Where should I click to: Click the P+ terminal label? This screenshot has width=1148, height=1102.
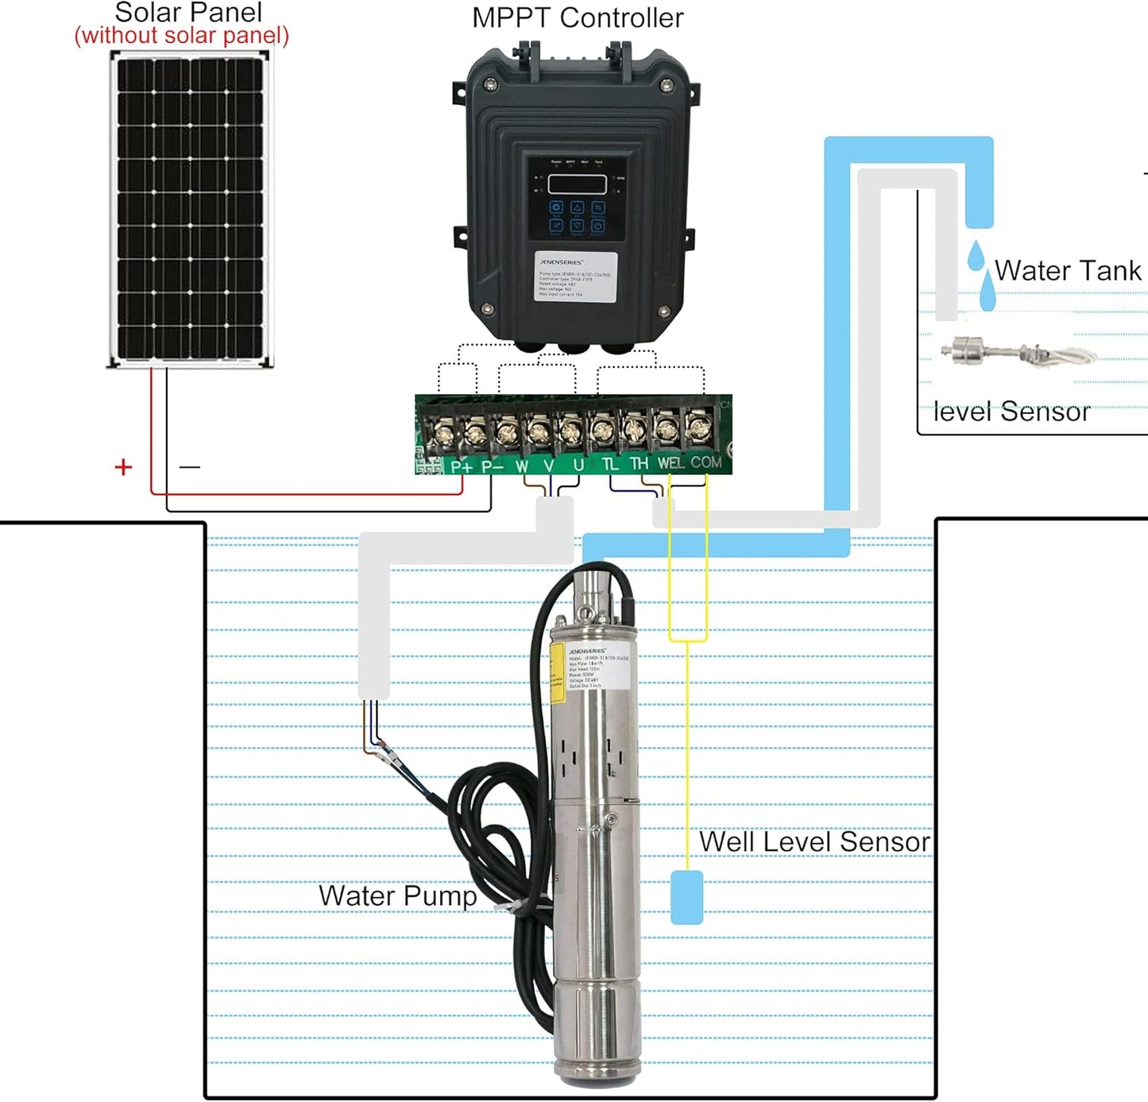click(x=462, y=466)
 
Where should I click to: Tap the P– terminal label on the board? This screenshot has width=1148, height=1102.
click(x=493, y=466)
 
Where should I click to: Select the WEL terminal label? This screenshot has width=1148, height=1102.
click(x=670, y=463)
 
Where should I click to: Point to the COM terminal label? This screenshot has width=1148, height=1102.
click(x=705, y=462)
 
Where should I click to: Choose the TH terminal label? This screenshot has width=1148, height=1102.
click(x=639, y=464)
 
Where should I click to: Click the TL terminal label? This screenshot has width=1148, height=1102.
click(x=610, y=464)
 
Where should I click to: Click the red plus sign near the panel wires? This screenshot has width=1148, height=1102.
click(x=123, y=467)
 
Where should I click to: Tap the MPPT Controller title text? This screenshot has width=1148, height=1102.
click(x=577, y=17)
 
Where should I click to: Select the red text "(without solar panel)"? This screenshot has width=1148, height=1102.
click(x=181, y=36)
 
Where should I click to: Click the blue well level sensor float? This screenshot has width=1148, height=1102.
click(x=686, y=897)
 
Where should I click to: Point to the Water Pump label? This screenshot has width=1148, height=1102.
click(x=397, y=895)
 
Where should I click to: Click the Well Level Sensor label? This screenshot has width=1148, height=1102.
click(x=814, y=841)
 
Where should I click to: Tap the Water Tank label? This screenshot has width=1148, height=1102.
click(x=1067, y=271)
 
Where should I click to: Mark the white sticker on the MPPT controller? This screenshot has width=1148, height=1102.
click(x=575, y=276)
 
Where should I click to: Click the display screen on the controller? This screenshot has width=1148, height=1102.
click(x=577, y=184)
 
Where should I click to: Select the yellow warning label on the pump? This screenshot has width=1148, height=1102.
click(x=557, y=673)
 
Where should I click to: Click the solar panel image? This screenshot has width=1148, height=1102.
click(x=190, y=209)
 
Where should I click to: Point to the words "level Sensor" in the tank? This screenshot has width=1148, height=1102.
click(x=1011, y=412)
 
